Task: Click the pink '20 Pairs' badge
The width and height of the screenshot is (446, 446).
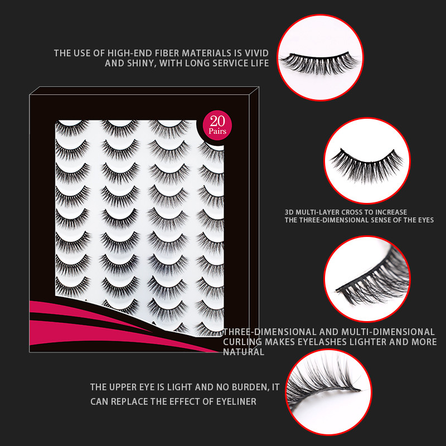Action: click(x=217, y=125)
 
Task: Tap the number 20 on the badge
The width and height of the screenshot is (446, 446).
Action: click(x=217, y=122)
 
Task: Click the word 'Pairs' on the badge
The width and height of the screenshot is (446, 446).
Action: click(x=217, y=132)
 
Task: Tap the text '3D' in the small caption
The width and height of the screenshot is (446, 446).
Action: click(x=289, y=212)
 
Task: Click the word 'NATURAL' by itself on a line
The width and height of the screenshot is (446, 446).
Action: click(x=244, y=352)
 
